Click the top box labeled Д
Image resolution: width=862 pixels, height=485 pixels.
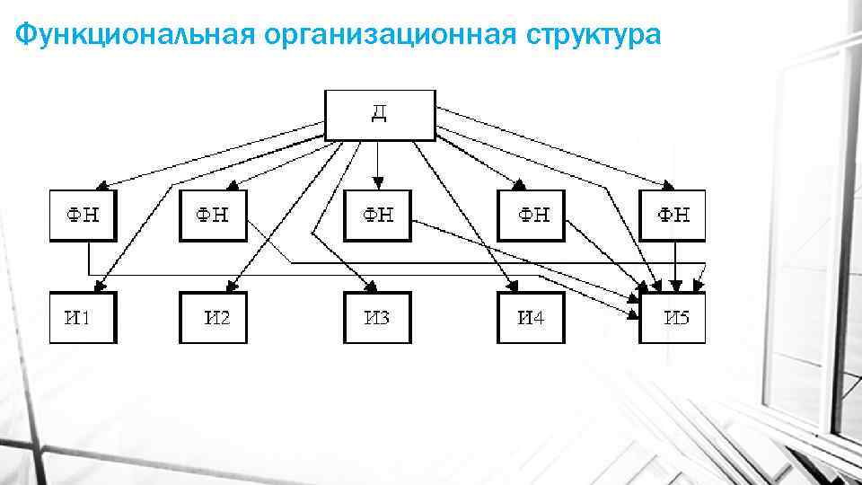(379, 115)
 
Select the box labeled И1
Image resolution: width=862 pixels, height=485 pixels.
(83, 317)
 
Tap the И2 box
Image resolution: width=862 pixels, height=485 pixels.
(213, 317)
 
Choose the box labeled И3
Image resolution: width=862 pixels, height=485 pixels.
(377, 317)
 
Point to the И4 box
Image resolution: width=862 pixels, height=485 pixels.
(531, 317)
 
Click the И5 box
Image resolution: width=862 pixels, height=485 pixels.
(673, 317)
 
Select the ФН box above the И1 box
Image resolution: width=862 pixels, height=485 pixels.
(83, 216)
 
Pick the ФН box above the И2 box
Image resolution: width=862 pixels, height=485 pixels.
(213, 216)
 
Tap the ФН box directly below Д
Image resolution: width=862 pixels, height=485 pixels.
(377, 216)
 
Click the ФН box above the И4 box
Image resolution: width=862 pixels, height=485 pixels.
(532, 216)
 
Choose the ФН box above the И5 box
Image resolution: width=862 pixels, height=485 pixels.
(673, 216)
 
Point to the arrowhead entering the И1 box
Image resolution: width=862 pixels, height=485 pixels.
(101, 287)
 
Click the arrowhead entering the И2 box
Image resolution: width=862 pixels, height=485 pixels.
(231, 287)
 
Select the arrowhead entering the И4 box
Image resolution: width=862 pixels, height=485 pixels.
(512, 287)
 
